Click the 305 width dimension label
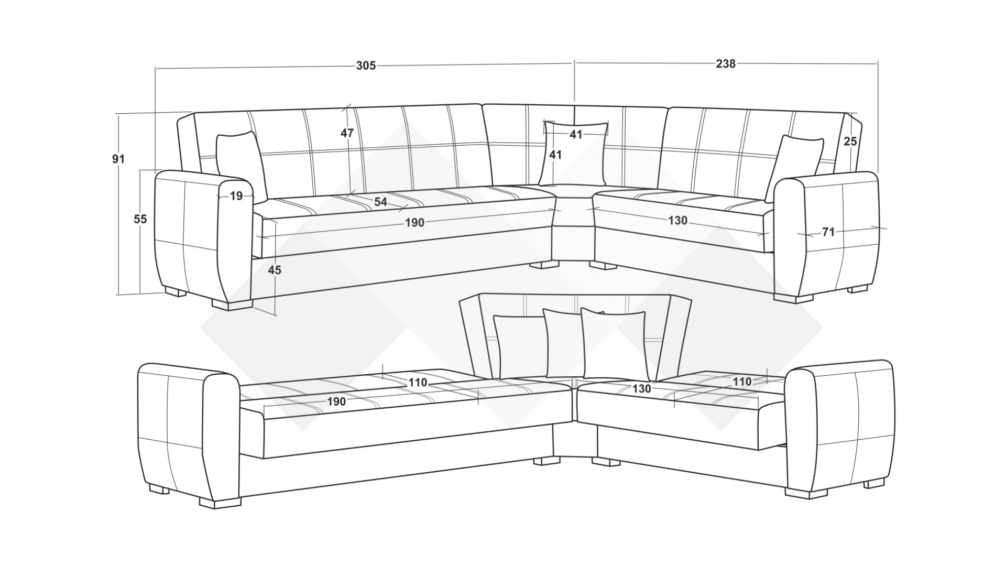coord(366,66)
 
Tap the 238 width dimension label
coord(726,64)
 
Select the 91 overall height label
coord(118,158)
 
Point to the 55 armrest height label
coord(140,219)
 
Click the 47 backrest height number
coord(347,133)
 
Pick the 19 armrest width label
coord(236,196)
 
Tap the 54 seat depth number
coord(380,202)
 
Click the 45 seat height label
coord(274,270)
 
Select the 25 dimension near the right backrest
coord(850,141)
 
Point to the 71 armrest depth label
coord(828,232)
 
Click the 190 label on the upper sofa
coord(414,223)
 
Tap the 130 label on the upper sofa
coord(677,221)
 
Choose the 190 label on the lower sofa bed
coord(336,401)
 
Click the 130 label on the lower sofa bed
coord(641,388)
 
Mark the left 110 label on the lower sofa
coord(418,383)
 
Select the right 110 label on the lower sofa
coord(742,382)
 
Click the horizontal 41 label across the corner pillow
coord(576,135)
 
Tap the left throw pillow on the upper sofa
coord(241,165)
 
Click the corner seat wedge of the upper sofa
coord(574,210)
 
